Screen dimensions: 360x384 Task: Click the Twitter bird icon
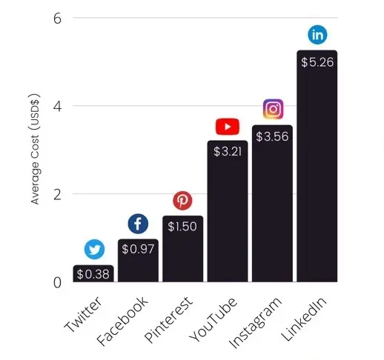pos(94,249)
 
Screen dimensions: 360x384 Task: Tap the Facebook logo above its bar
pos(139,224)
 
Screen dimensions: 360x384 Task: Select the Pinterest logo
pos(182,200)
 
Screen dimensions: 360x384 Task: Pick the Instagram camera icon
pos(273,110)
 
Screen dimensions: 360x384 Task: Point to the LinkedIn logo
pos(317,35)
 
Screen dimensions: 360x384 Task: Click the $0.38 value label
pos(94,274)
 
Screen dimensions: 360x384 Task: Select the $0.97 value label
pos(139,249)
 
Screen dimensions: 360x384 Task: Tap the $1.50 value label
pos(183,226)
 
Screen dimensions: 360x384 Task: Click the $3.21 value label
pos(228,151)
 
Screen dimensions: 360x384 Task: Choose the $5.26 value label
pos(317,62)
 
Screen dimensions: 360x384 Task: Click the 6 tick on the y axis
pos(56,18)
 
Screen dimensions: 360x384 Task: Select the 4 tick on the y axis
pos(56,106)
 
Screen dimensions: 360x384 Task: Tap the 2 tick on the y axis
pos(56,195)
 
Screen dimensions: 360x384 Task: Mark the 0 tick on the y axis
pos(56,282)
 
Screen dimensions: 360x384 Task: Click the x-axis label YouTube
pos(216,316)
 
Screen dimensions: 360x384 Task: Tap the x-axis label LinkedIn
pos(305,316)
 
